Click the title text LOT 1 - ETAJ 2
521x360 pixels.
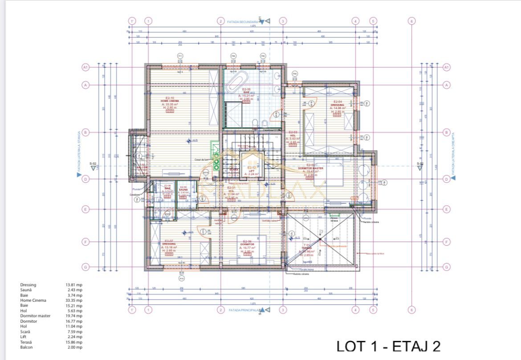click(x=388, y=347)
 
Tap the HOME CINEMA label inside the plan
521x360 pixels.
click(x=170, y=101)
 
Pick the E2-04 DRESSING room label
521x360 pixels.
click(x=337, y=105)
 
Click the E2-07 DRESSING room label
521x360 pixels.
click(x=169, y=244)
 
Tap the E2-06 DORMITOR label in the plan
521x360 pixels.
click(x=247, y=244)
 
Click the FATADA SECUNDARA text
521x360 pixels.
click(x=243, y=21)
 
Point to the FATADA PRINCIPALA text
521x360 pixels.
click(x=244, y=310)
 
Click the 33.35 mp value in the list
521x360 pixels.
click(x=74, y=300)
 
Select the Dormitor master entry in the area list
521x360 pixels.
click(x=35, y=316)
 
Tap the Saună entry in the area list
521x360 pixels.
click(x=26, y=290)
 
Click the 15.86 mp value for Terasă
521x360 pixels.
click(x=74, y=342)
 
